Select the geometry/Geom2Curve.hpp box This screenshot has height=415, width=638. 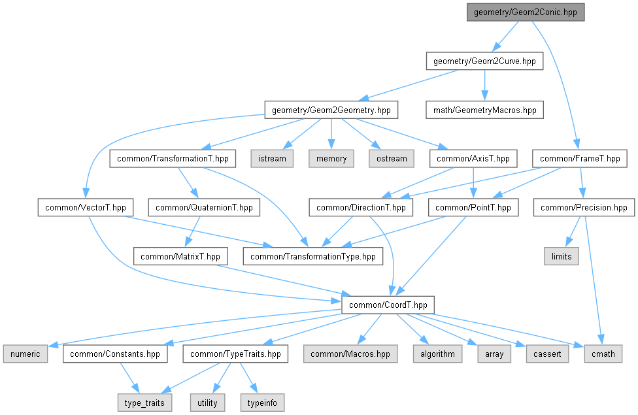pos(484,61)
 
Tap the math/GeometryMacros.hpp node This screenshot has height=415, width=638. pos(485,110)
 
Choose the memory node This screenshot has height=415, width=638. pos(331,159)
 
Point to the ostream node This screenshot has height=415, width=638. pos(391,159)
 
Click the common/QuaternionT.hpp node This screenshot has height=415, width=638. pos(204,208)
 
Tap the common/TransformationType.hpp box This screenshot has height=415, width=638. pos(313,256)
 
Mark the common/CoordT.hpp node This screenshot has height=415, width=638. pos(388,305)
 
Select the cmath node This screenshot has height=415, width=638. pos(602,354)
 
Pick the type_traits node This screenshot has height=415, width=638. pos(145,403)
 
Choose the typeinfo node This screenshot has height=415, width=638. pos(263,403)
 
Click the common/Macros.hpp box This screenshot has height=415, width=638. pos(350,354)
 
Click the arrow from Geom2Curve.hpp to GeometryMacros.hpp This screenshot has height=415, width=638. pos(484,85)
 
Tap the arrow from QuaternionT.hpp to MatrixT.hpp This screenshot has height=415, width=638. pos(193,232)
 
